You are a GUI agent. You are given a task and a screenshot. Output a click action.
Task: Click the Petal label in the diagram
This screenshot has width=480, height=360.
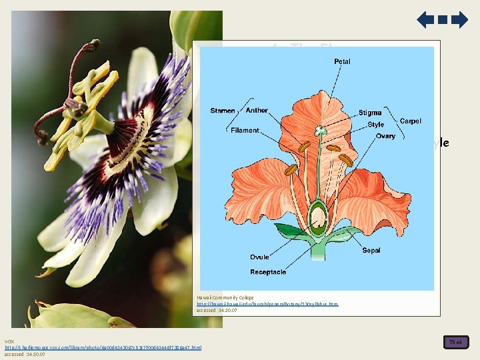[343, 62]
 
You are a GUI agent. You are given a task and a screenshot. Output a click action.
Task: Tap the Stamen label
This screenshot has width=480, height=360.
[223, 111]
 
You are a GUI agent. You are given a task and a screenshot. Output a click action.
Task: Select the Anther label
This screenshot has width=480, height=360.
[257, 111]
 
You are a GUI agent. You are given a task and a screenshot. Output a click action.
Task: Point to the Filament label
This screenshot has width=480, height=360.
[245, 131]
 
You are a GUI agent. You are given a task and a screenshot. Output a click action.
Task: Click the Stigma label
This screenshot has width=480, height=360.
[370, 113]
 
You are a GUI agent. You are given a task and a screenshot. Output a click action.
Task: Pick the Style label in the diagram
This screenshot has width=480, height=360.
[376, 125]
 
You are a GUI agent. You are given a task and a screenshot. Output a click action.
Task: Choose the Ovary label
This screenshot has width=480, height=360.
[385, 136]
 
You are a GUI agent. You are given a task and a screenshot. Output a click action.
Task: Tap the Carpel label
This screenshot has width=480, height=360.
[411, 121]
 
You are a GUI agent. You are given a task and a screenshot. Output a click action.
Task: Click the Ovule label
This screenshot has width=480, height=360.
[261, 257]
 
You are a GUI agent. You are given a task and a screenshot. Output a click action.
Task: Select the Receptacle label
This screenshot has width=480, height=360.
[269, 271]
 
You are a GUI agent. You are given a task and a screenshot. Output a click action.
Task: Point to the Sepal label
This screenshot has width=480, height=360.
[372, 251]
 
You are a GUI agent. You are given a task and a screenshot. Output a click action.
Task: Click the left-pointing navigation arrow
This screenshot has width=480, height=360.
[425, 20]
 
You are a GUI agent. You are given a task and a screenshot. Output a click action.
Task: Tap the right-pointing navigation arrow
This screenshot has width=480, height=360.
[460, 20]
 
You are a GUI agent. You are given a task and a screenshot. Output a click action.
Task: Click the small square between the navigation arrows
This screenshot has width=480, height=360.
[443, 20]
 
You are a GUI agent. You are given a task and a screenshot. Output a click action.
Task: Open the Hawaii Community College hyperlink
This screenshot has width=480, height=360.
[267, 304]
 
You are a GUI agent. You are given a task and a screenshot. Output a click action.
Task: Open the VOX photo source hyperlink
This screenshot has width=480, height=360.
[103, 347]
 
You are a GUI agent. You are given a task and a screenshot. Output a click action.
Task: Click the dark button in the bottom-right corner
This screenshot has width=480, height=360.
[456, 342]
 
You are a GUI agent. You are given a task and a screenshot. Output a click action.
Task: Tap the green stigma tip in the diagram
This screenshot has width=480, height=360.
[321, 129]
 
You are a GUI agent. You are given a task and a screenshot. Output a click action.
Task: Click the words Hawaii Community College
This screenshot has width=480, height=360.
[225, 297]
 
